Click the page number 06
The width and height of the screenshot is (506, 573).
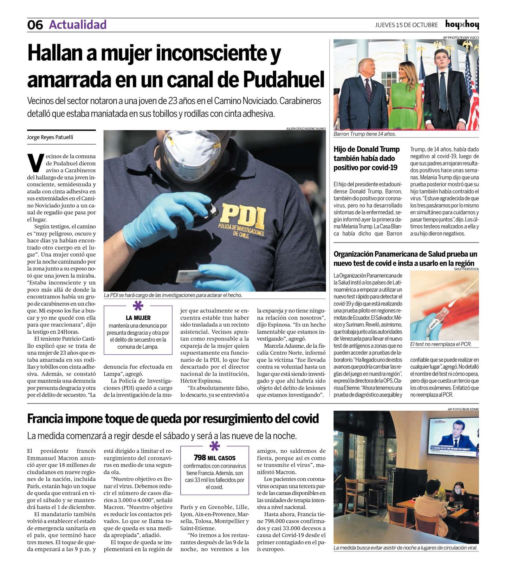click(35, 25)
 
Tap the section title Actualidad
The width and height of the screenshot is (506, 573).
click(78, 25)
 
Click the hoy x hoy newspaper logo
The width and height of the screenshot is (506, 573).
click(462, 24)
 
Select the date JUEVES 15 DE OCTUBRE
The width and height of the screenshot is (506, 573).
click(406, 25)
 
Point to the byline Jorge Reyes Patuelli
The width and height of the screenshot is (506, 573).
click(50, 137)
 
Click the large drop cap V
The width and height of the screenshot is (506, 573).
click(35, 163)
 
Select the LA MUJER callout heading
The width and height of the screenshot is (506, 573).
click(138, 318)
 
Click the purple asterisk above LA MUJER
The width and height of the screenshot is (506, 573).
click(138, 306)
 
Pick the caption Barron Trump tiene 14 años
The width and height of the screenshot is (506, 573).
click(365, 134)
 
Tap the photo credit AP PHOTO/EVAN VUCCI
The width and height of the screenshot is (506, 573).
click(461, 37)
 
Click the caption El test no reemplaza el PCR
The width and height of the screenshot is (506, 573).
click(441, 344)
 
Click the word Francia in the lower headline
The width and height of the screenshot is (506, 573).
click(45, 419)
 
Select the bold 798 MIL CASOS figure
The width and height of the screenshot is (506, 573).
click(214, 458)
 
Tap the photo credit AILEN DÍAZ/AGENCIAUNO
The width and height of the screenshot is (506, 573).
click(306, 129)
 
